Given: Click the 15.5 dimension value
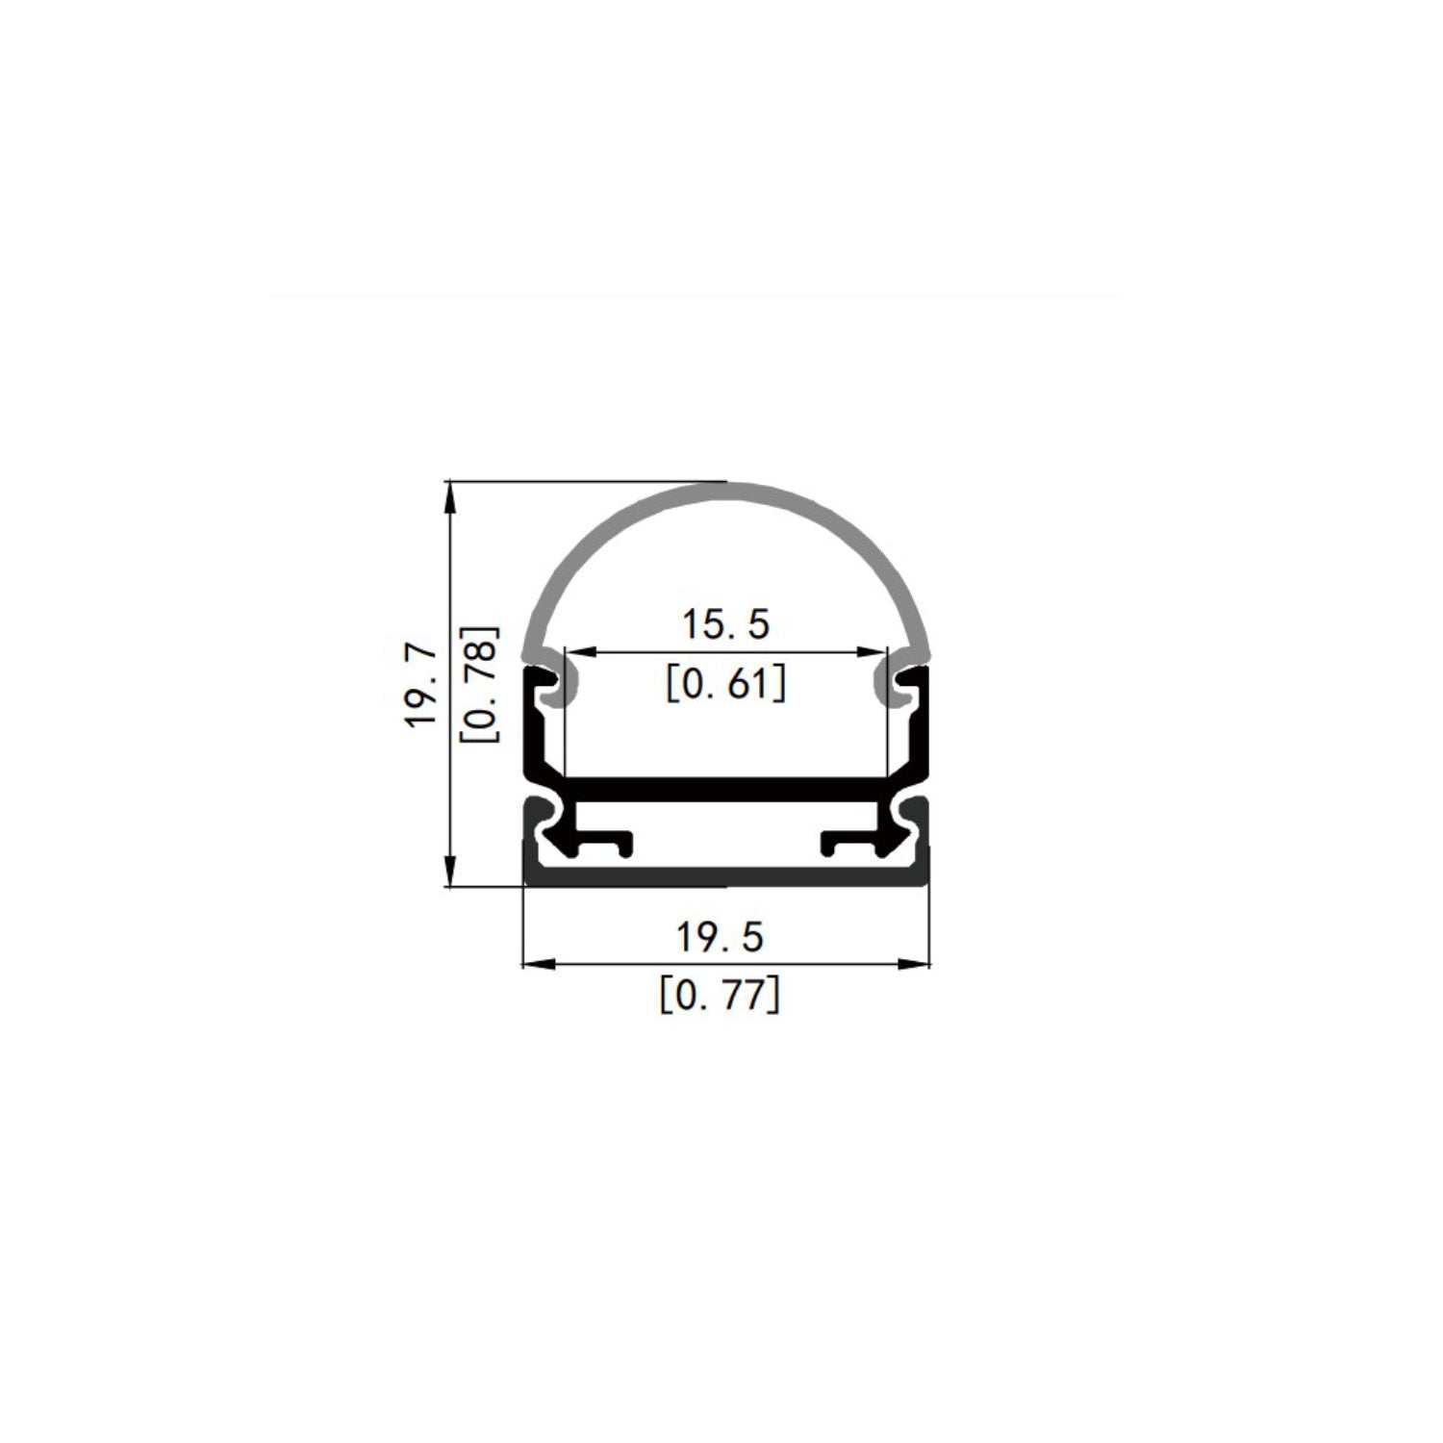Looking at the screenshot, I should click(725, 624).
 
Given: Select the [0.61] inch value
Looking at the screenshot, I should click(725, 684).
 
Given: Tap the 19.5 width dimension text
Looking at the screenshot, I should click(720, 936).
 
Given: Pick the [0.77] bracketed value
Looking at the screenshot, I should click(720, 995).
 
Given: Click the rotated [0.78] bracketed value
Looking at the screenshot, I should click(480, 684).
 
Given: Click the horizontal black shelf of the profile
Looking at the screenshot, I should click(726, 788).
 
